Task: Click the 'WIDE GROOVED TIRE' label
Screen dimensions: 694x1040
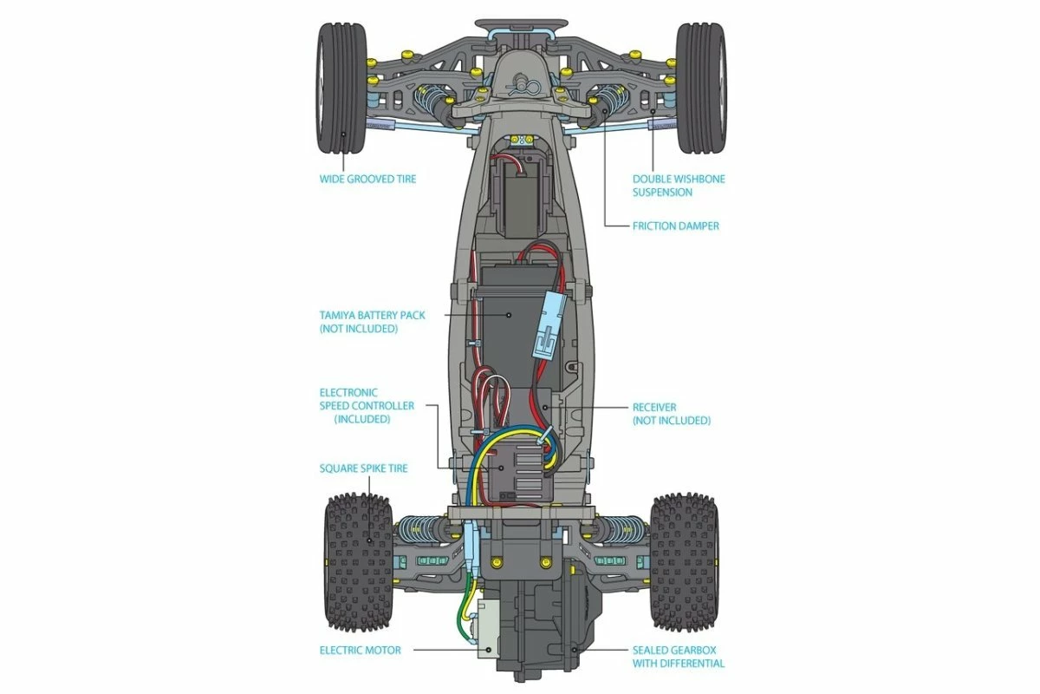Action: [367, 180]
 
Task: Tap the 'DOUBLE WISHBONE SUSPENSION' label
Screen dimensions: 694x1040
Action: [679, 186]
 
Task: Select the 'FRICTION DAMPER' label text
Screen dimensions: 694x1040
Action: [675, 226]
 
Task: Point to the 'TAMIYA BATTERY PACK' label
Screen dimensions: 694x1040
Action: [372, 322]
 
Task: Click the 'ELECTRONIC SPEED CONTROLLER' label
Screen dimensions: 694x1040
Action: [367, 405]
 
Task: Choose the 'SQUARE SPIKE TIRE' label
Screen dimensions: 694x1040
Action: [363, 468]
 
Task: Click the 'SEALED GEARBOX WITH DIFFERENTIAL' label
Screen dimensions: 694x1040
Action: [679, 657]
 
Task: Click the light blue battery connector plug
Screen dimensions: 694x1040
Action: [549, 322]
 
